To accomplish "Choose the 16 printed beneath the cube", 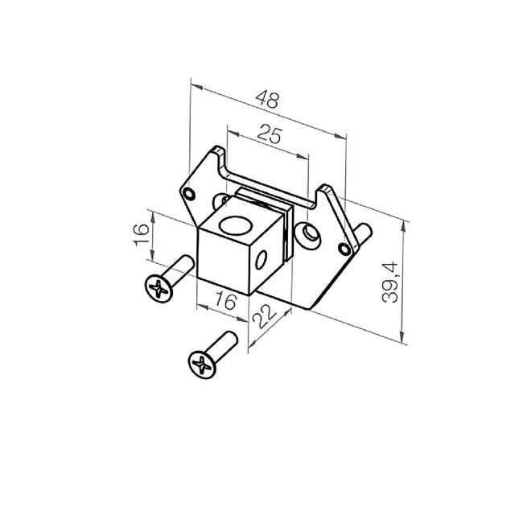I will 225,302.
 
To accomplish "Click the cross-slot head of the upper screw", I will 159,287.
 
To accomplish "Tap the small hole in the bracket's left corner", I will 190,194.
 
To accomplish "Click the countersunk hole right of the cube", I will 308,233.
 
